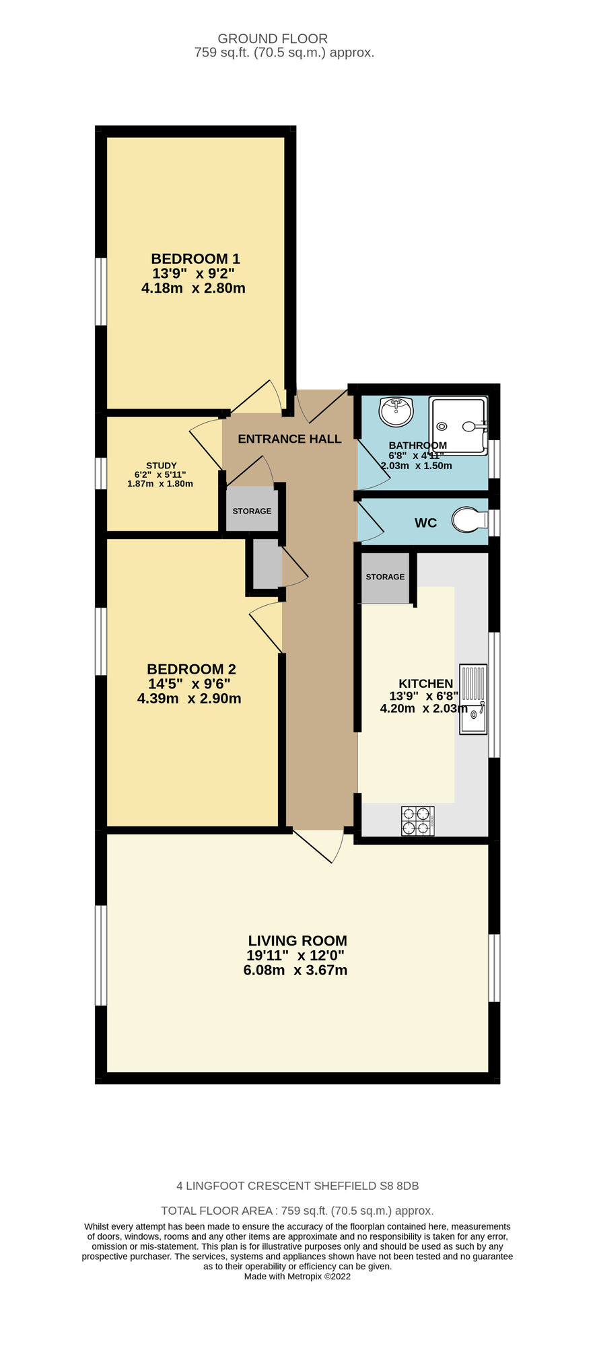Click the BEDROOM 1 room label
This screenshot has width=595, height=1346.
(195, 258)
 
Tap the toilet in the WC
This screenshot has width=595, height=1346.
(469, 520)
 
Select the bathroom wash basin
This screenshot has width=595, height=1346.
(396, 411)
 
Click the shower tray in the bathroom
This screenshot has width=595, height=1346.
(458, 425)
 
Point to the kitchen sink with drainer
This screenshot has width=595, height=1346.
(473, 699)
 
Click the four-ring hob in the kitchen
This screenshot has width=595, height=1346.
(417, 820)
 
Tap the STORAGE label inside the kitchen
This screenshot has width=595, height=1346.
(385, 577)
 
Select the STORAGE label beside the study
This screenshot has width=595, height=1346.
(252, 511)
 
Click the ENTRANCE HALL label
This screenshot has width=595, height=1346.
(289, 439)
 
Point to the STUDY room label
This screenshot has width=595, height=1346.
(161, 466)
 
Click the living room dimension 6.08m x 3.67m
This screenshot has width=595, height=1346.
(295, 970)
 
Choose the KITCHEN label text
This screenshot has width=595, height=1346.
(425, 684)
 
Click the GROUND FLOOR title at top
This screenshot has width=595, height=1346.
(273, 39)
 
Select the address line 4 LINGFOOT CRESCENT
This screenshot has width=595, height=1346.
(297, 1186)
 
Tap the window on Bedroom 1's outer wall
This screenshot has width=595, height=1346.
(100, 291)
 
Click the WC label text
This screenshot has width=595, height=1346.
(425, 523)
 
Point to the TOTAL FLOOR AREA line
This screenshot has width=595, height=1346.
(297, 1211)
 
